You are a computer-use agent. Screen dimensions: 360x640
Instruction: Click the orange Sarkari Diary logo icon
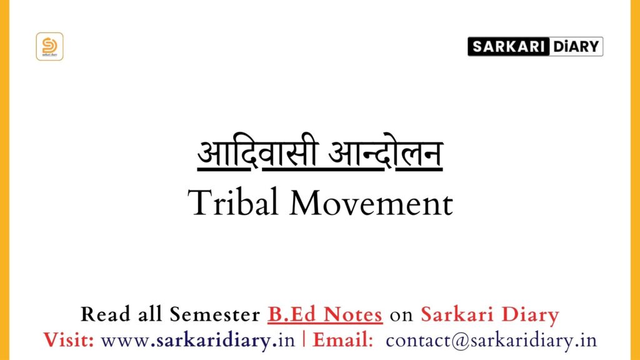49,46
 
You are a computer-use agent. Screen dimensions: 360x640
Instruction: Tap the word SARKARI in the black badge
507,47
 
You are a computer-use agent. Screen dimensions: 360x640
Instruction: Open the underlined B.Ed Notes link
325,315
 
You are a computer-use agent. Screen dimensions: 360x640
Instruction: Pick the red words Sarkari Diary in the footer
490,315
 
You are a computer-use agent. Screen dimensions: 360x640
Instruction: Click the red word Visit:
69,341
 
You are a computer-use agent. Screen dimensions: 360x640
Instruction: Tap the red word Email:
343,341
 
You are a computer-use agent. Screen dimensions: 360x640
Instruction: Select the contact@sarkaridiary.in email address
491,341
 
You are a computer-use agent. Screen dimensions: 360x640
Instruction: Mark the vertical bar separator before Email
304,341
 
